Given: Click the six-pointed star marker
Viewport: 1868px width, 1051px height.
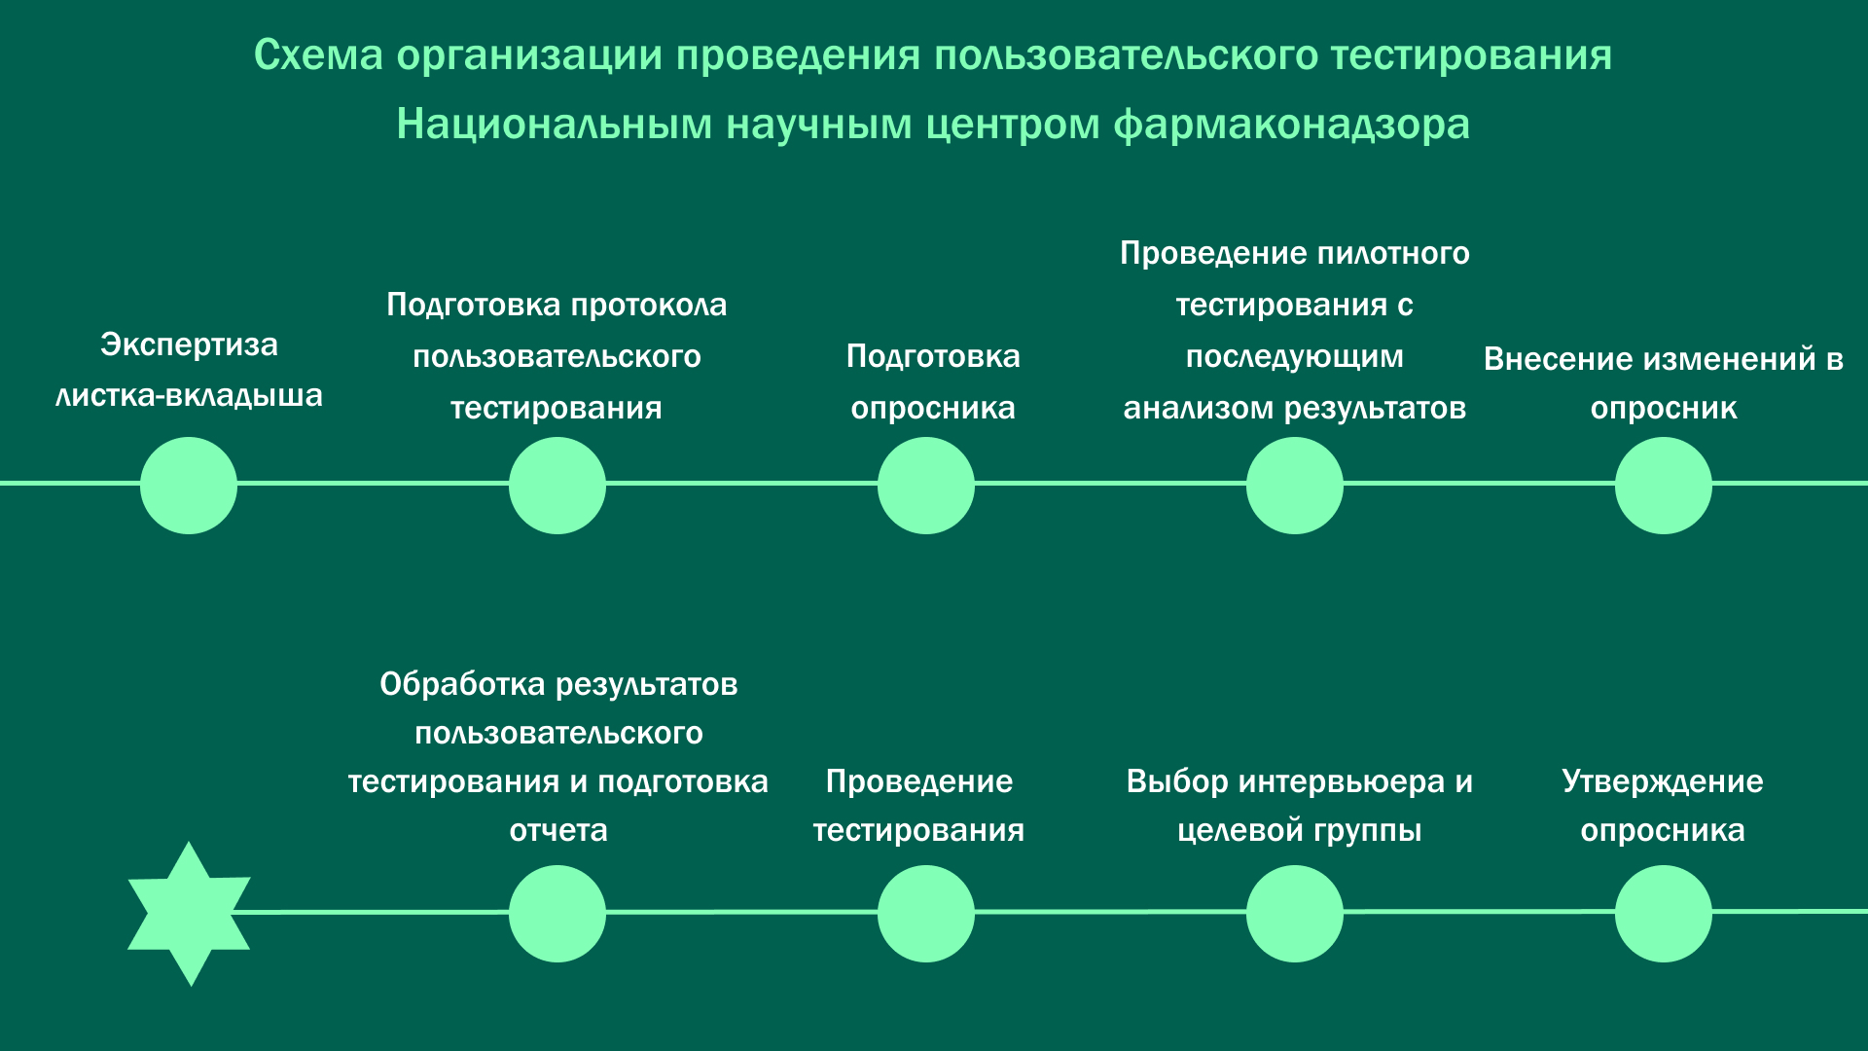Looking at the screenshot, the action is click(189, 914).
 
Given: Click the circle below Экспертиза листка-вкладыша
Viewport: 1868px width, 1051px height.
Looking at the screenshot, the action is click(189, 486).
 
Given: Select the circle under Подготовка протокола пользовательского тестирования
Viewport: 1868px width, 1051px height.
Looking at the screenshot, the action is click(557, 486).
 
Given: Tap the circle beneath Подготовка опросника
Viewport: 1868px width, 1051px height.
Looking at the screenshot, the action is click(926, 486).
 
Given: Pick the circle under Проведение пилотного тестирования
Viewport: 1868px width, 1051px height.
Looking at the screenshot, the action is click(1295, 486).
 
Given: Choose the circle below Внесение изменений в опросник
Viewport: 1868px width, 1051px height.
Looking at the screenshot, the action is click(1664, 486).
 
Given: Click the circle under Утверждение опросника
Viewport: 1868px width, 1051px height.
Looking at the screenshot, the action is click(1664, 914).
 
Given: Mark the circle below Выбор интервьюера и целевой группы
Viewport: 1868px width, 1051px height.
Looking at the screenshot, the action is click(1295, 914).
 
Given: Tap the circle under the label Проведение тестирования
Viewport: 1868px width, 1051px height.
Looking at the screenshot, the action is click(926, 914).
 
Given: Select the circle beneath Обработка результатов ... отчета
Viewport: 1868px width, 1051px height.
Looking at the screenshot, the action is click(557, 914).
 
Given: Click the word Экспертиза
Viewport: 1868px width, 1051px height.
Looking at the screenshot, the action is click(190, 344).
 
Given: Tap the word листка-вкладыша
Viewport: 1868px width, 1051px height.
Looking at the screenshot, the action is click(190, 396).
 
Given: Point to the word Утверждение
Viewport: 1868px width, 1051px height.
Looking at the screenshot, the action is click(1663, 782).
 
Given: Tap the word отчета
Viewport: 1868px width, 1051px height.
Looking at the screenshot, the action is click(558, 831).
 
